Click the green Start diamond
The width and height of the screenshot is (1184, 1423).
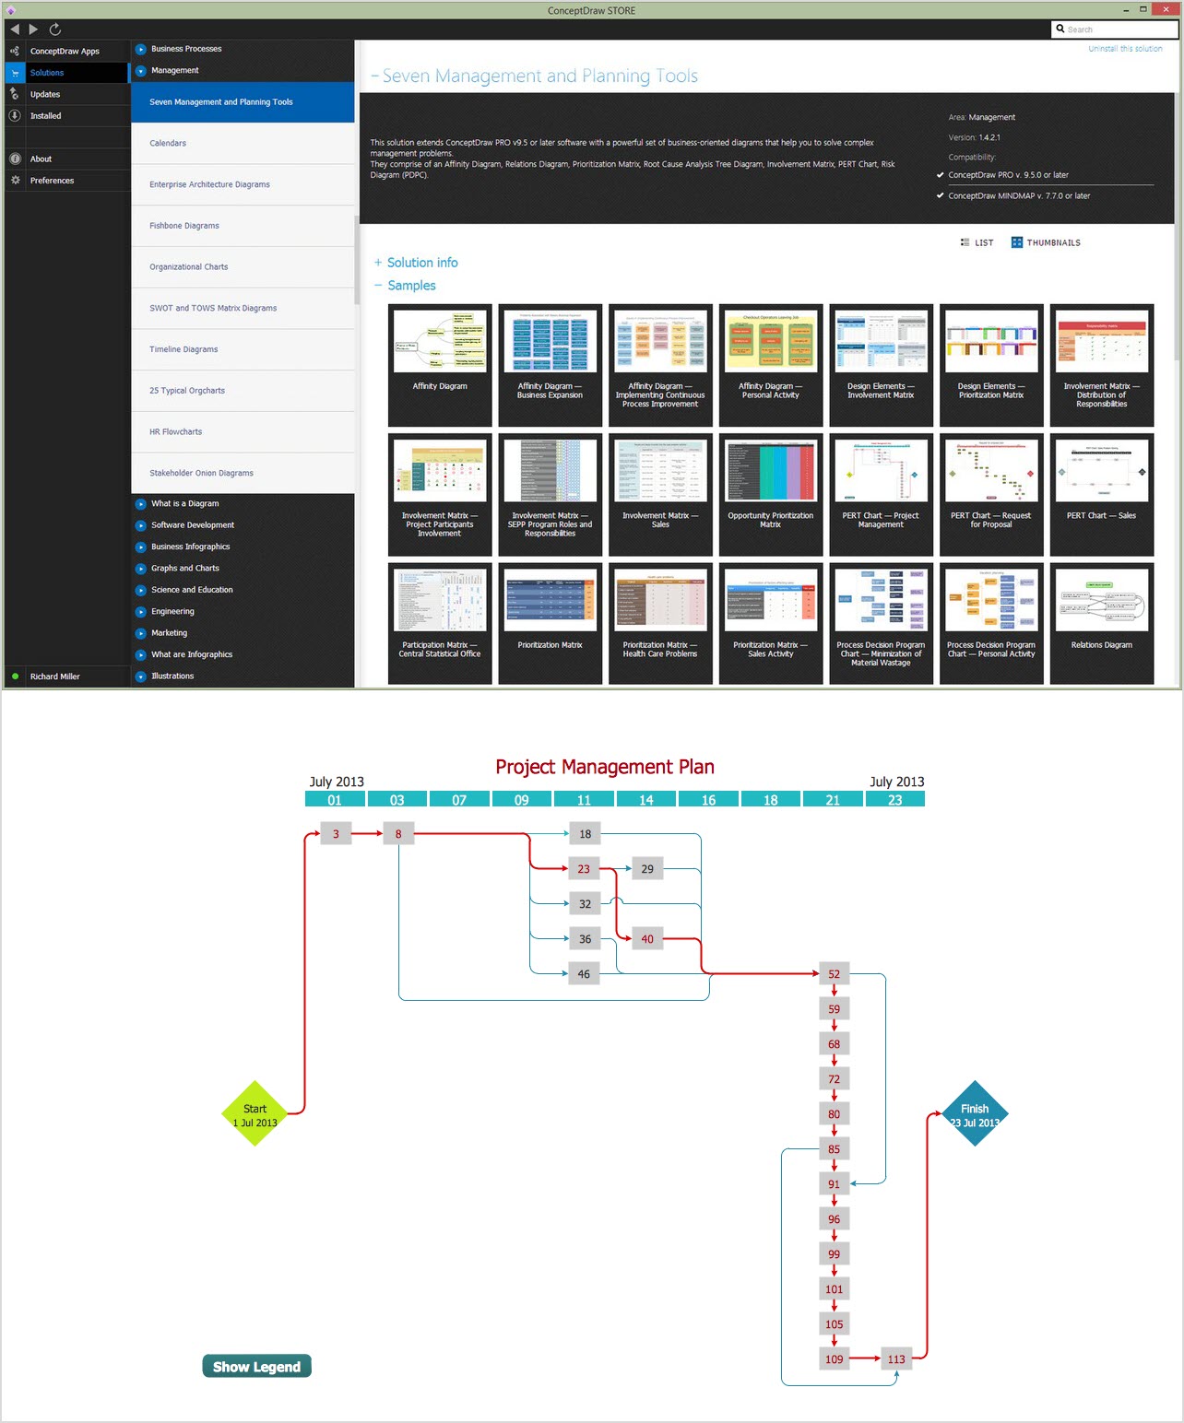pos(255,1113)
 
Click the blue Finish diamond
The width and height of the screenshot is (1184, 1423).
pos(975,1113)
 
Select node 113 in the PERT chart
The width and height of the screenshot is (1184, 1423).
pos(896,1359)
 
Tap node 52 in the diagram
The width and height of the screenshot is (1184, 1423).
pos(834,974)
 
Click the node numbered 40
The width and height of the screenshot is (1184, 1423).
pos(647,939)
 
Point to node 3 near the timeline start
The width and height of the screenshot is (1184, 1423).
pos(336,834)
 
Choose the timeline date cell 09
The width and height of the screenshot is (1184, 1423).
pos(522,800)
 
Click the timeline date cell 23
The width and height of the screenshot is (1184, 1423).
pos(895,800)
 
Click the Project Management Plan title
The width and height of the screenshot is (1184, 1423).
pos(605,767)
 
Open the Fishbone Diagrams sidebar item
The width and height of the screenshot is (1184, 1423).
pos(184,226)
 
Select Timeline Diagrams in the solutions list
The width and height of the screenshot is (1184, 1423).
pos(184,349)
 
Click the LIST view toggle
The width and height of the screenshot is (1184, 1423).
pos(977,243)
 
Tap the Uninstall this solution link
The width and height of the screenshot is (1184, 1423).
pos(1125,49)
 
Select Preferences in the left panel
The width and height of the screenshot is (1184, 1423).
pos(52,181)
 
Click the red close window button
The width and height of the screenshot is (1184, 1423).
pos(1166,9)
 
